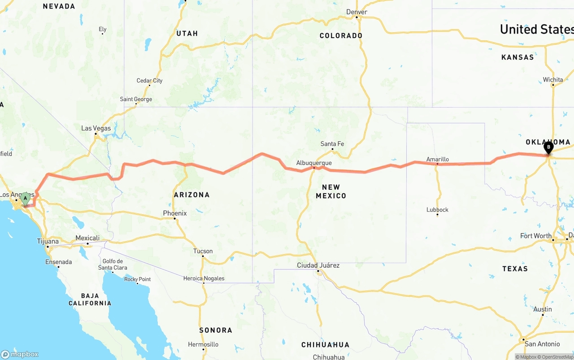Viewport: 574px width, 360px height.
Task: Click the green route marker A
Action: (26, 198)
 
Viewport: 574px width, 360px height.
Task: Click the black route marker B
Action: (548, 147)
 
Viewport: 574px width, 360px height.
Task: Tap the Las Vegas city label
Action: (96, 128)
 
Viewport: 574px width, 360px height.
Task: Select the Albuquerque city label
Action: (314, 163)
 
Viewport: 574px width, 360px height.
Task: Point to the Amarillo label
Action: (437, 159)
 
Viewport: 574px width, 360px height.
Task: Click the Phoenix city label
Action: (175, 213)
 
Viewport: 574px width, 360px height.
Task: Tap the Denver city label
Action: (357, 12)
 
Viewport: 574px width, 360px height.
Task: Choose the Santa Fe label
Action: (332, 144)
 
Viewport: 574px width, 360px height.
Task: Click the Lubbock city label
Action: (437, 209)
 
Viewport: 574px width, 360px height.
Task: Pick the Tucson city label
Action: (203, 251)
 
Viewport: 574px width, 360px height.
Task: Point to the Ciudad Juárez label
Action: (318, 265)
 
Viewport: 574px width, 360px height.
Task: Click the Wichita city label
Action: (553, 80)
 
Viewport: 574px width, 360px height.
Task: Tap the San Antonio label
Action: (542, 344)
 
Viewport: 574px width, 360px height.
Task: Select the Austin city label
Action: (543, 309)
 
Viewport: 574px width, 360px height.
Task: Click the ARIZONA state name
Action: (191, 195)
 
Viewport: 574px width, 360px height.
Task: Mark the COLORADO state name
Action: (341, 35)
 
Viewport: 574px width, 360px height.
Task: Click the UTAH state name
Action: (187, 33)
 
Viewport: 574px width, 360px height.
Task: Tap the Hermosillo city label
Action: (203, 344)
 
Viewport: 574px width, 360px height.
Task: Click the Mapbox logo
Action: (20, 354)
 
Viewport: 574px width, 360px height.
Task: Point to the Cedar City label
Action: (150, 81)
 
